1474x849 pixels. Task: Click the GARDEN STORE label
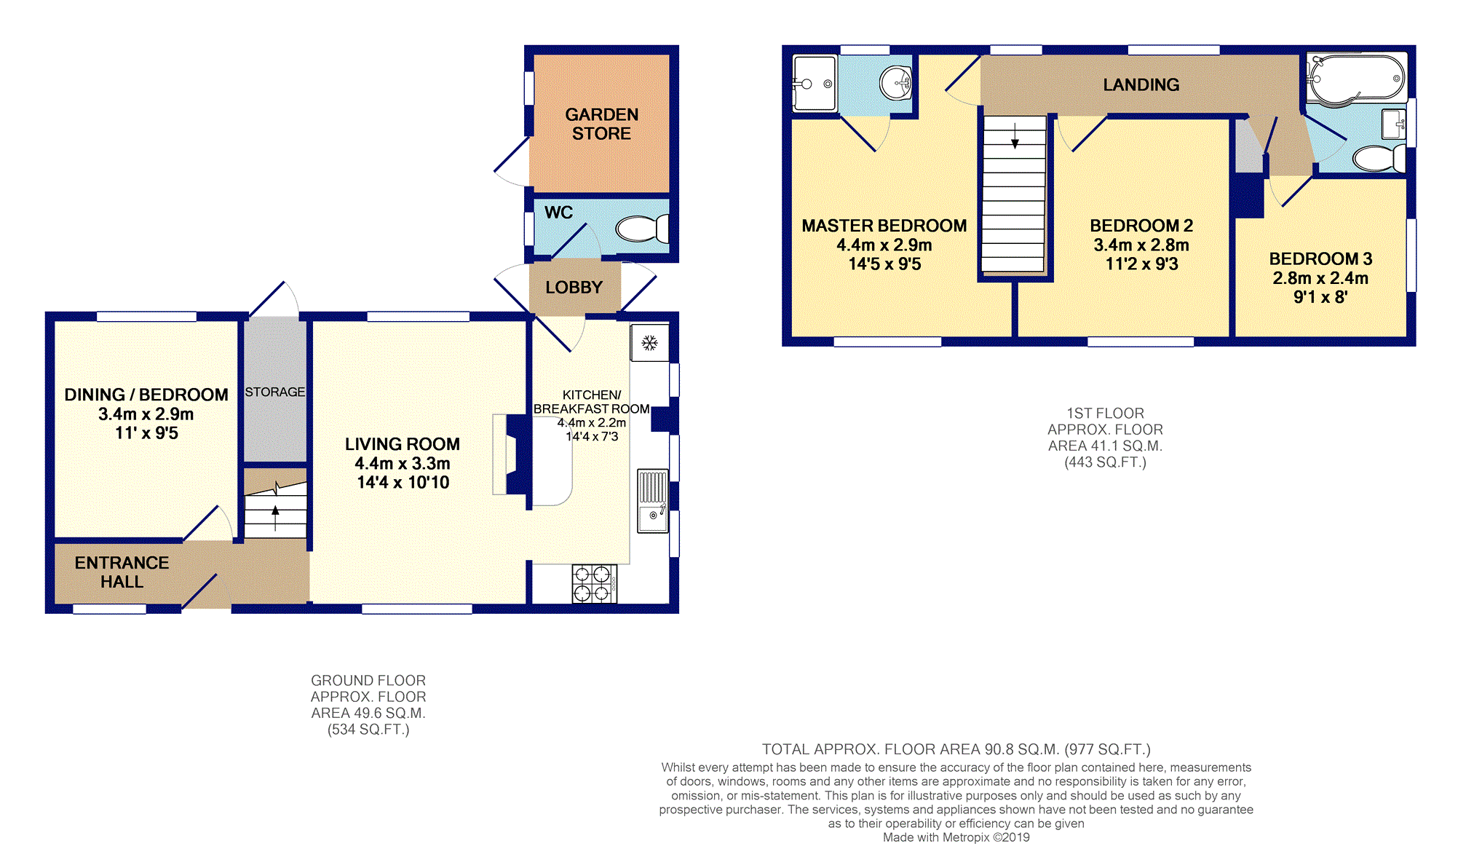(x=601, y=124)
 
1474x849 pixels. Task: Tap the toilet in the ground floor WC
(x=642, y=229)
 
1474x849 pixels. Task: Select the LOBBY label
(x=574, y=288)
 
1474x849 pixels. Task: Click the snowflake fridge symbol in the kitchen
(x=649, y=342)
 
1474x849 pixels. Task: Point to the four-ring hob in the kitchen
(x=594, y=583)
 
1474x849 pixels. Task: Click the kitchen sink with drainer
(x=653, y=501)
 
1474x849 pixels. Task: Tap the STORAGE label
(x=274, y=392)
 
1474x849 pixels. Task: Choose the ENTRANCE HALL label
(x=122, y=572)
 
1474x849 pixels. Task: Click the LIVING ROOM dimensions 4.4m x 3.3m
(x=403, y=463)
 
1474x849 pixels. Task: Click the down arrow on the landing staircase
(x=1015, y=136)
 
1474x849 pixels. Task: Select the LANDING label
(x=1141, y=85)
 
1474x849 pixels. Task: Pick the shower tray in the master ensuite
(x=815, y=83)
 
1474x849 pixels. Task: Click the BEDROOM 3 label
(x=1320, y=259)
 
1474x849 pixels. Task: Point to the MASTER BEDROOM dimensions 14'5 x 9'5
(x=884, y=264)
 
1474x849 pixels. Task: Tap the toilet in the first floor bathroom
(x=1379, y=158)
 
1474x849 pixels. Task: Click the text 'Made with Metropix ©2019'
(x=956, y=837)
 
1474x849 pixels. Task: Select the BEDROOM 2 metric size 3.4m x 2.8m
(x=1141, y=245)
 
